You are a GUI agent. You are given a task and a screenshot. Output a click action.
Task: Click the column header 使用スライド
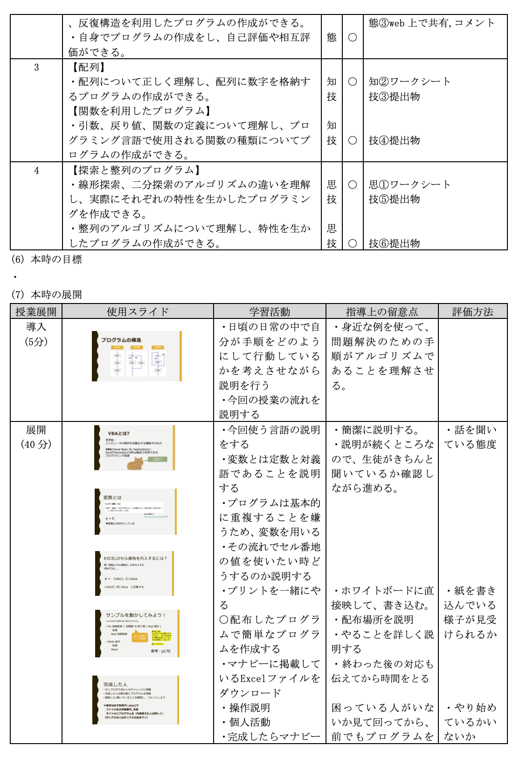click(x=138, y=311)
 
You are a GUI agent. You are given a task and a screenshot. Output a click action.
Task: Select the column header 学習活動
click(x=270, y=311)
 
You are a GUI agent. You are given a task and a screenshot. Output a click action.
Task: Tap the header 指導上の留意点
click(x=381, y=311)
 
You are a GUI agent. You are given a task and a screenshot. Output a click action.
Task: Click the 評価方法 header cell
click(x=472, y=311)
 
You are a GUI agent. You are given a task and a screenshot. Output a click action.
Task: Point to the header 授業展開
click(x=36, y=311)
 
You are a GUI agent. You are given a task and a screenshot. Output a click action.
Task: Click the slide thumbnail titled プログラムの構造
click(x=137, y=356)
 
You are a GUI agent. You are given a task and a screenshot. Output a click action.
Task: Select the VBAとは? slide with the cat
click(x=135, y=448)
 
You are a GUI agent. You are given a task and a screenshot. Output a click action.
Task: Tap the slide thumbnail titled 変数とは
click(x=136, y=511)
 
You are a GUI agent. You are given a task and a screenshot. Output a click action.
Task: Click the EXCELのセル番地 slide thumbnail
click(x=135, y=573)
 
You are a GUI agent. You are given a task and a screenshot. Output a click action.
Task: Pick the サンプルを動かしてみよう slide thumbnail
click(x=137, y=633)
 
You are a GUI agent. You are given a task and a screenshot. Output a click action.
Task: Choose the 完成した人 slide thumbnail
click(x=136, y=700)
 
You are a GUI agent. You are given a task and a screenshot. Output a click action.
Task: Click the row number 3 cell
click(x=36, y=68)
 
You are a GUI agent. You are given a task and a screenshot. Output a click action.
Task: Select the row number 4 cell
click(x=36, y=171)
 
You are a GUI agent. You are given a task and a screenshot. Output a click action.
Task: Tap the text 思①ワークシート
click(x=409, y=185)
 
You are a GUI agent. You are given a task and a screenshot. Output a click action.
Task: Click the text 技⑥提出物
click(x=394, y=243)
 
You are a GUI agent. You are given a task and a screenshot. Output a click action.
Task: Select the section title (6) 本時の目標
click(x=46, y=259)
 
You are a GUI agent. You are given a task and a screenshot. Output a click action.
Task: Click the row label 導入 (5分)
click(x=36, y=334)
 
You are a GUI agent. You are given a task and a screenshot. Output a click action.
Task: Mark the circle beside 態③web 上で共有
click(x=353, y=37)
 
